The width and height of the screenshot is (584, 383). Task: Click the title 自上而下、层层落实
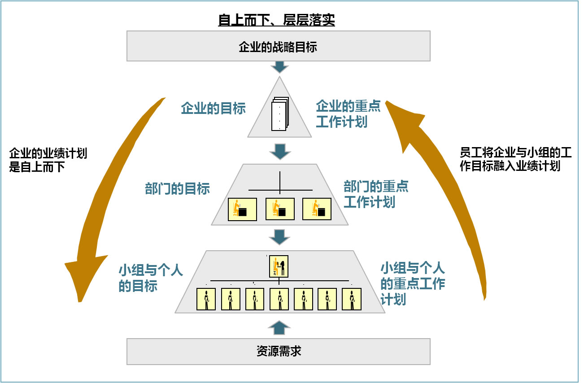click(276, 20)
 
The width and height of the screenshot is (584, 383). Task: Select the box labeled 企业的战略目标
click(278, 46)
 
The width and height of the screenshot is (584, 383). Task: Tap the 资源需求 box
click(278, 351)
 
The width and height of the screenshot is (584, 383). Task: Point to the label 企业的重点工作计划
click(348, 114)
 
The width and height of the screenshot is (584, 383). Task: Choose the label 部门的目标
click(177, 188)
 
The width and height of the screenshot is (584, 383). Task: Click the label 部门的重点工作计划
click(376, 194)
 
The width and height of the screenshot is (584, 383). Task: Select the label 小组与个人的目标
click(151, 278)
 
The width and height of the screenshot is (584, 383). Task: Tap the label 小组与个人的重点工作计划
click(412, 283)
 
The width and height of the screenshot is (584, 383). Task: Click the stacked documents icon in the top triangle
click(280, 114)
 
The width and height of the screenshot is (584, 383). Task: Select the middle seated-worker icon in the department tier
click(279, 209)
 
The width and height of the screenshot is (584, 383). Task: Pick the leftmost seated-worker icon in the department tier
click(242, 209)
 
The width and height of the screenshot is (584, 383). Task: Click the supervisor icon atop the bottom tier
click(279, 266)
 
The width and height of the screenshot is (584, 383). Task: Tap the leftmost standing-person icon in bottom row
click(206, 299)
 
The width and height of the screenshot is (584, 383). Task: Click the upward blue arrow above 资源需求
click(279, 327)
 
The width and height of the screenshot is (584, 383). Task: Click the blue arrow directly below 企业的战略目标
click(279, 67)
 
